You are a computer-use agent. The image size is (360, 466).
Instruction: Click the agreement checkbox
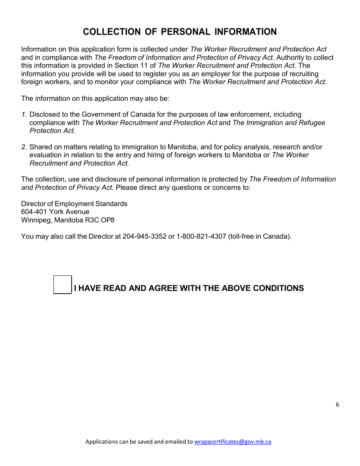[63, 285]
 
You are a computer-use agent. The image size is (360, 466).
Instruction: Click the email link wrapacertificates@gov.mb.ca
[233, 441]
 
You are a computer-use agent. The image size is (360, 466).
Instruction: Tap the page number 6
[337, 405]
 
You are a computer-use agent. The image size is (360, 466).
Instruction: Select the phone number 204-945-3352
[144, 236]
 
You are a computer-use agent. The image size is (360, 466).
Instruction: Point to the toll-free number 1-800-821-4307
[201, 236]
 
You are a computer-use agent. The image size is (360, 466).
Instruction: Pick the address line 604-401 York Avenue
[55, 212]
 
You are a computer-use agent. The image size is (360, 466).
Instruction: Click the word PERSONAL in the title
[186, 32]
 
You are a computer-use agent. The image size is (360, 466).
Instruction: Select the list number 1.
[24, 114]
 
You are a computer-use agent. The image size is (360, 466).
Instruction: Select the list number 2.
[24, 147]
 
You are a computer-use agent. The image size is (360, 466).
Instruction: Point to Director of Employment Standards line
[74, 204]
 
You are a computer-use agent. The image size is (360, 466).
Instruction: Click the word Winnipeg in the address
[35, 220]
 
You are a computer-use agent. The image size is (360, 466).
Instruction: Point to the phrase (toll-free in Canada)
[260, 236]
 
